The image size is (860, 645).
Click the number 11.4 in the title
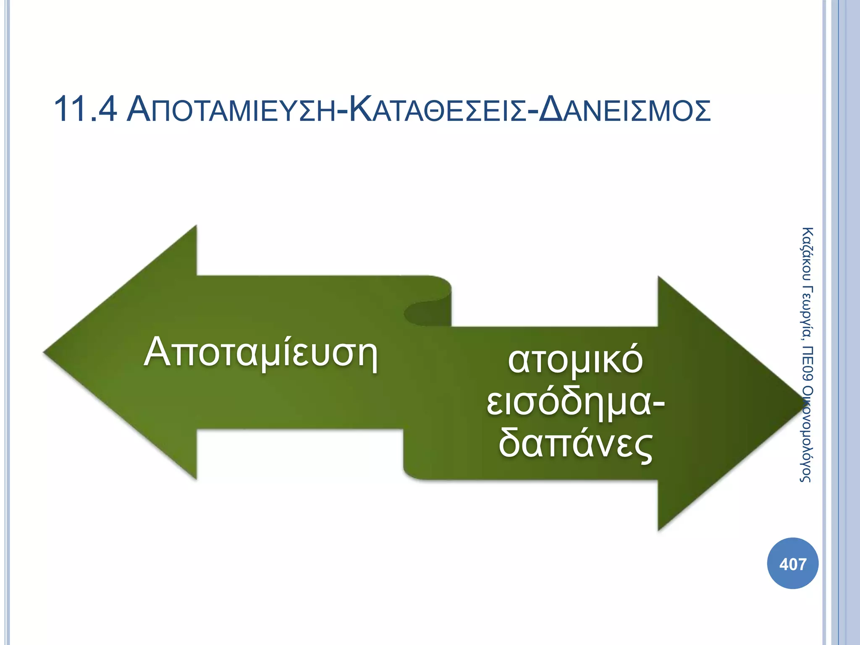point(85,110)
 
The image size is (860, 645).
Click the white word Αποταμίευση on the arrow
point(261,352)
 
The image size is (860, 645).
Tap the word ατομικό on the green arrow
point(575,360)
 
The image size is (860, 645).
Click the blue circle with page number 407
point(792,564)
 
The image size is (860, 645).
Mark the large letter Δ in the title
point(552,110)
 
